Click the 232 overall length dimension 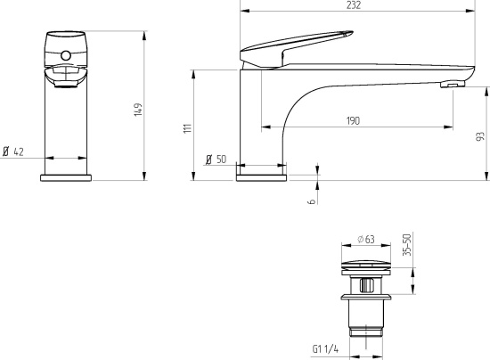(x=354, y=5)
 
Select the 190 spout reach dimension (x=353, y=120)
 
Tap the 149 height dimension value (x=138, y=110)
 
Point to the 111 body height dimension (x=187, y=128)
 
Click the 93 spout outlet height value (x=480, y=136)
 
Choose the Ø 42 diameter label (x=13, y=151)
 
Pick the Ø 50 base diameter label (x=216, y=160)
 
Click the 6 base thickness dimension (x=312, y=201)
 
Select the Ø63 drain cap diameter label (x=366, y=240)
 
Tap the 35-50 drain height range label (x=407, y=245)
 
